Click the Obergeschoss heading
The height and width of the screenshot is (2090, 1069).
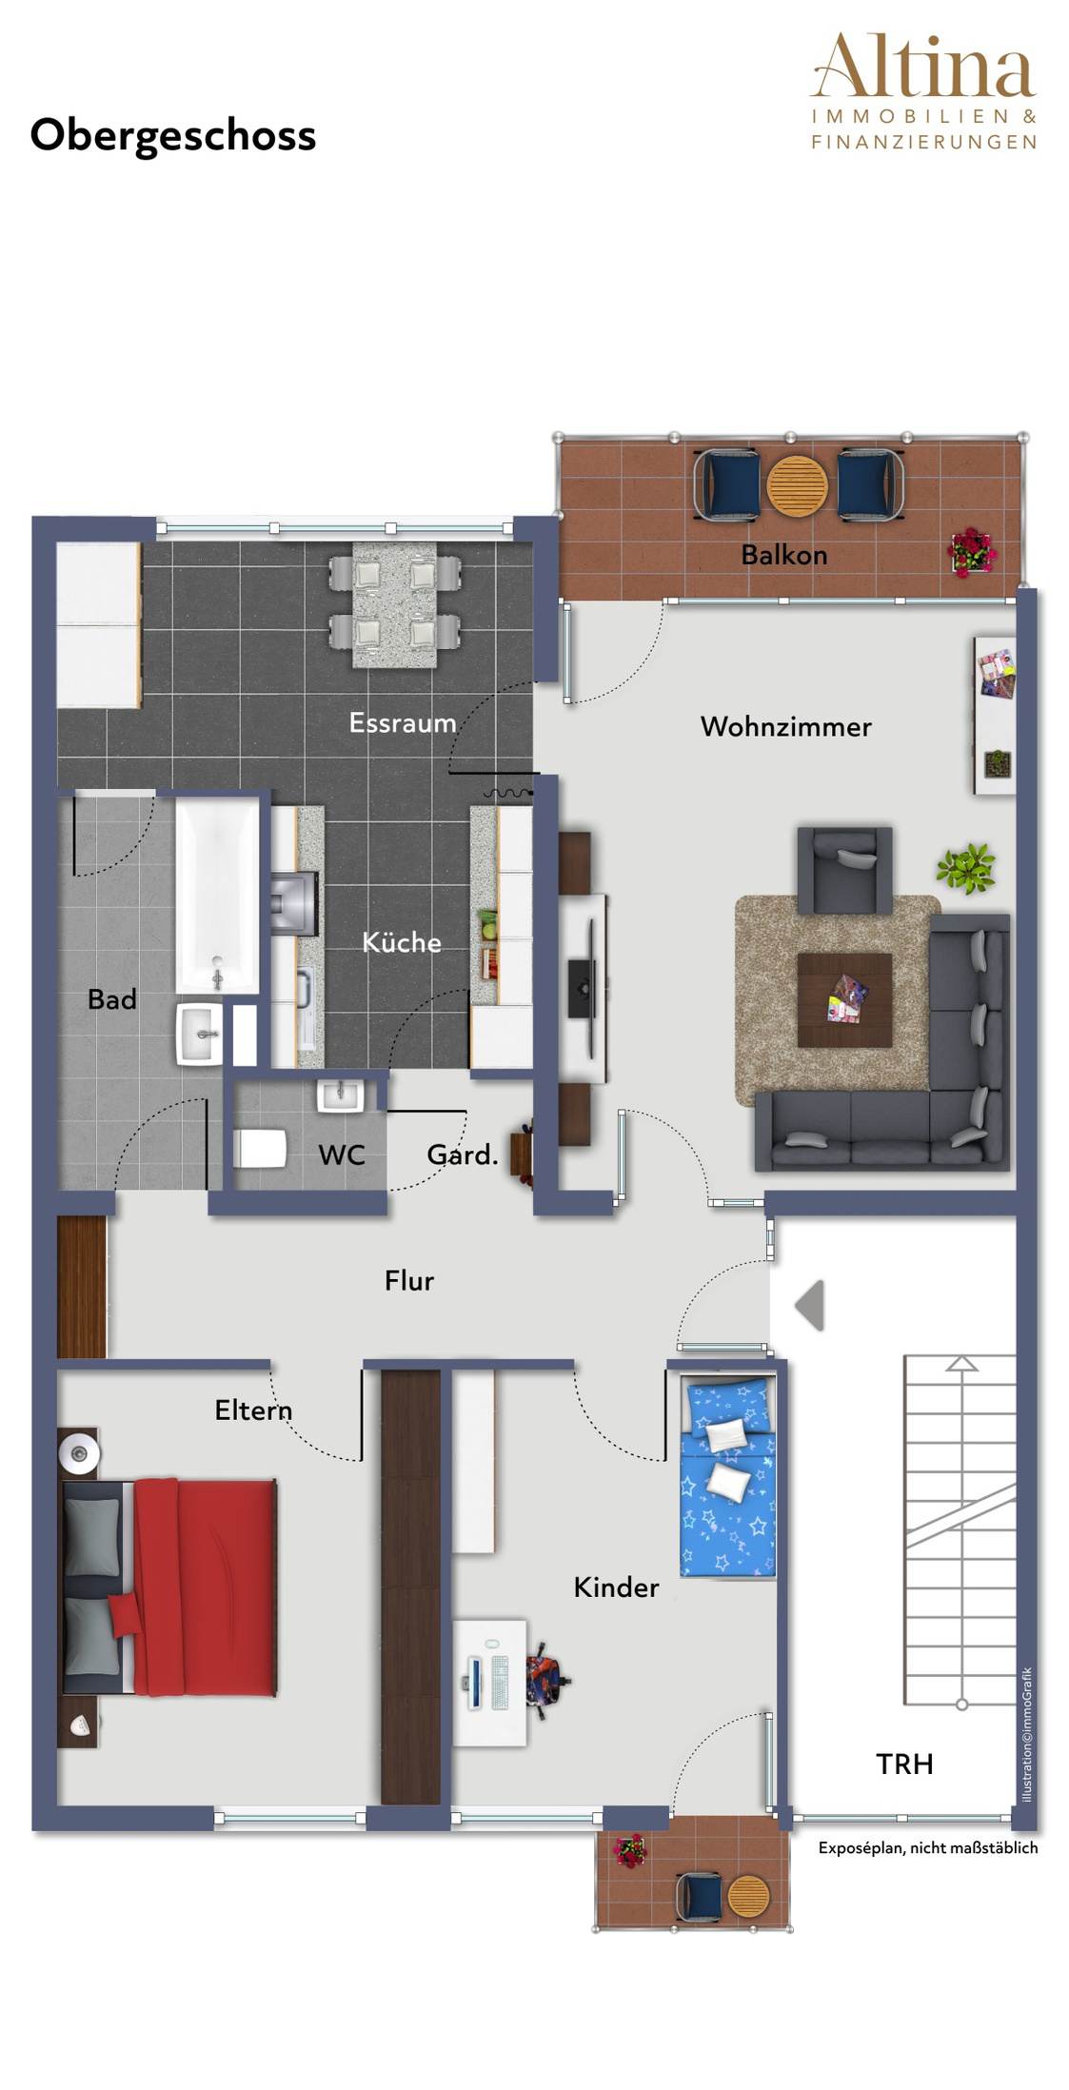point(172,136)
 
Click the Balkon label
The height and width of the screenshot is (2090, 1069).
point(784,554)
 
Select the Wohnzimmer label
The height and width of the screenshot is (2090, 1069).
point(786,726)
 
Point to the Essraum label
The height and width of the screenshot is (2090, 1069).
point(403,722)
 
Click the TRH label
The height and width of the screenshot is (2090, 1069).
point(904,1764)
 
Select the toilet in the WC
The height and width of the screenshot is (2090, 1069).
point(260,1148)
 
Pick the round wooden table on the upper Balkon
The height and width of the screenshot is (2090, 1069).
point(798,485)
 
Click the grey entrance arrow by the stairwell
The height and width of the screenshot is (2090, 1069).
point(809,1305)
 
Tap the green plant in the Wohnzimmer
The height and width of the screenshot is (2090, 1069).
point(965,867)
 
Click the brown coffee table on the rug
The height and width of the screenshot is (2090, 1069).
point(844,1000)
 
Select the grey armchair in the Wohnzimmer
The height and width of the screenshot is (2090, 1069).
point(845,870)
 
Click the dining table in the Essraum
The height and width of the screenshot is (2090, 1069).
point(395,604)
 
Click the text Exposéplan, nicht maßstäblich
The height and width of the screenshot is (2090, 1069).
point(928,1847)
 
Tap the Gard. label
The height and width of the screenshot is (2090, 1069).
point(463,1154)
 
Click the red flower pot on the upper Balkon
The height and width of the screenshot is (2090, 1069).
point(973,552)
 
